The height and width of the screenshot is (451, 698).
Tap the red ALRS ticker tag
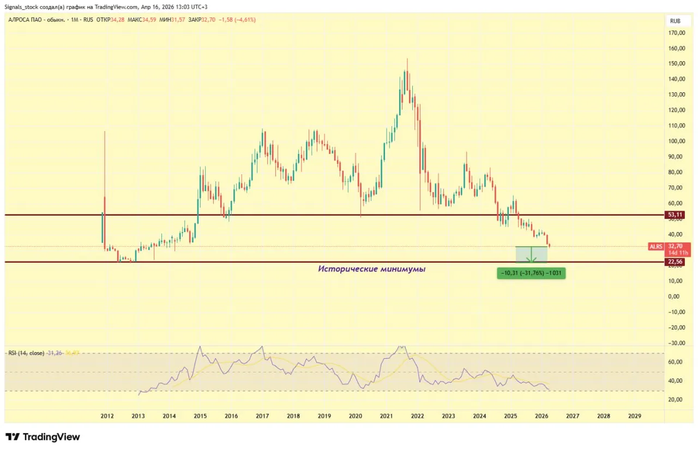pos(656,247)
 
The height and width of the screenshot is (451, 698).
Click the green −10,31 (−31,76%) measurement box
pos(531,274)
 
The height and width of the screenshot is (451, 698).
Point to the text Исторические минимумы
pos(371,269)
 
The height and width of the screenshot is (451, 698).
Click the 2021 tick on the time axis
pos(386,416)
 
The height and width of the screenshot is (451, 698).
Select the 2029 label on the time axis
pos(635,416)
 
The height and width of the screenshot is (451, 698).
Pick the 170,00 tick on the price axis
pos(678,33)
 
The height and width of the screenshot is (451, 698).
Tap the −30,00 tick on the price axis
pos(677,343)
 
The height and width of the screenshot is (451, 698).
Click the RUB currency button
pos(675,20)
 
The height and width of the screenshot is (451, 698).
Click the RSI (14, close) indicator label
pos(26,353)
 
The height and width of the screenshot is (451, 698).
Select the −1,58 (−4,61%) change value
pos(237,20)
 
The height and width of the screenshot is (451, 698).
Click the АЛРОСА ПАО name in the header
pos(27,20)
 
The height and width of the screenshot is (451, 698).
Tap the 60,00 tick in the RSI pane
pos(677,362)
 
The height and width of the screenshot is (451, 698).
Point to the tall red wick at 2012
pos(104,164)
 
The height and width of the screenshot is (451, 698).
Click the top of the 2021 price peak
pos(407,60)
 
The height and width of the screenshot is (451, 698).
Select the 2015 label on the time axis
pos(200,416)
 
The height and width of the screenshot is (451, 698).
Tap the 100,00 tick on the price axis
pos(678,141)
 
